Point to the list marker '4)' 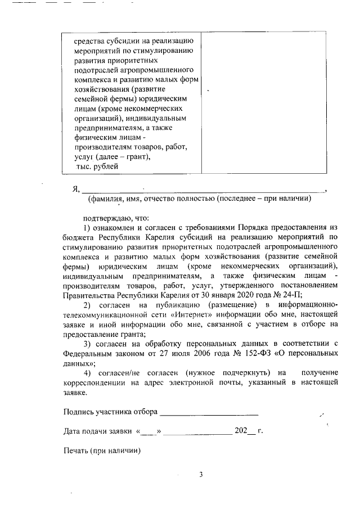pyautogui.click(x=87, y=373)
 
